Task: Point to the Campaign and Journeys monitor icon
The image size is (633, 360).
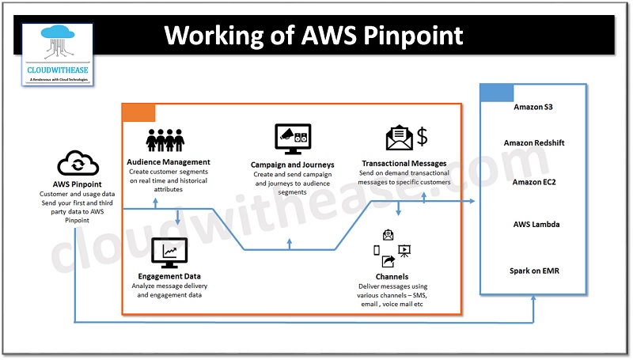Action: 292,139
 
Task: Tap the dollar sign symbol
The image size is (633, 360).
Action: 423,138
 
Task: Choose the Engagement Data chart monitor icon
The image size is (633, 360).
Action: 169,252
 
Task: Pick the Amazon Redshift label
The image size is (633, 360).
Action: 535,143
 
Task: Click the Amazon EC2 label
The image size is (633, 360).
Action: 535,182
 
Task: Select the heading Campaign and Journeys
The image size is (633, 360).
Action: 292,165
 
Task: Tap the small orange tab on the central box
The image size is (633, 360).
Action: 138,112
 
